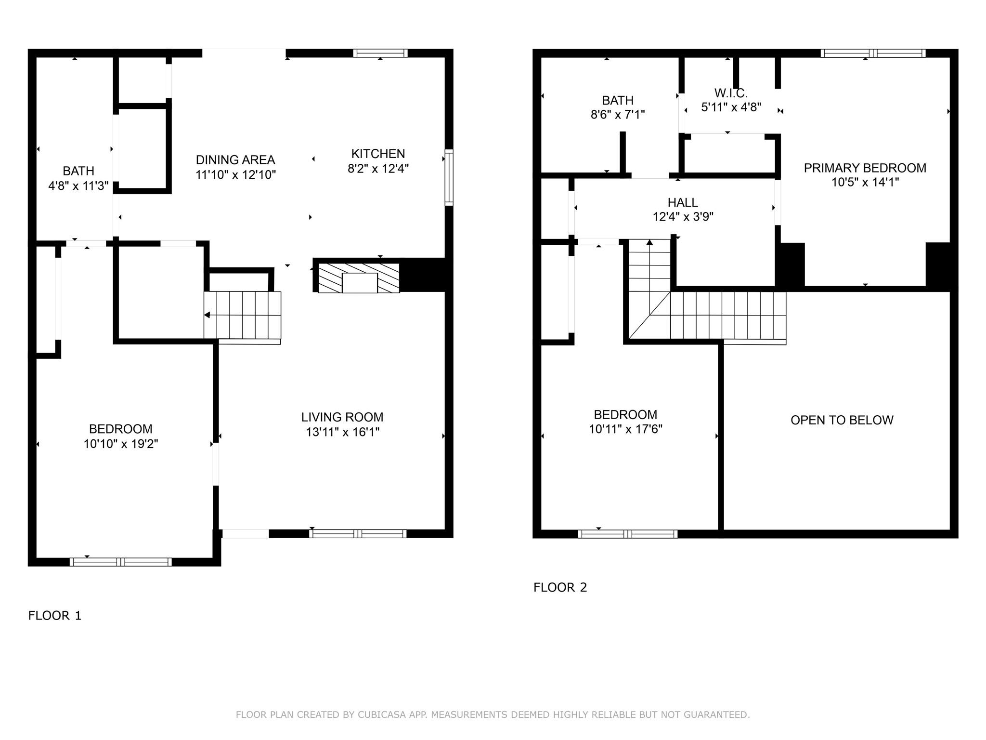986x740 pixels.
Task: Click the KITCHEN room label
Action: pyautogui.click(x=378, y=154)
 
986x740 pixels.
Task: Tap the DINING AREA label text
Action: pyautogui.click(x=235, y=160)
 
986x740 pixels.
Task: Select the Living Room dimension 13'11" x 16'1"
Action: pyautogui.click(x=342, y=432)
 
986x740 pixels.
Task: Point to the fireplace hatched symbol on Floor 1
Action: pyautogui.click(x=359, y=277)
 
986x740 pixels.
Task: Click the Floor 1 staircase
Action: pyautogui.click(x=242, y=315)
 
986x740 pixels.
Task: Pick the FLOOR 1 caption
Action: pyautogui.click(x=55, y=616)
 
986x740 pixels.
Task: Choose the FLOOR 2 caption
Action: pyautogui.click(x=560, y=587)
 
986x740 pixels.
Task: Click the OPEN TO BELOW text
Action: pyautogui.click(x=842, y=420)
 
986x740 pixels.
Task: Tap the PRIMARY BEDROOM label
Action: pyautogui.click(x=865, y=168)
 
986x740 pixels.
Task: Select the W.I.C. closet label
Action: pyautogui.click(x=730, y=93)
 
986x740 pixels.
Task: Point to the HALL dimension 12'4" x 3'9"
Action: pyautogui.click(x=683, y=217)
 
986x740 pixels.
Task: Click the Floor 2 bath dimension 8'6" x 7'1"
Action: pyautogui.click(x=618, y=115)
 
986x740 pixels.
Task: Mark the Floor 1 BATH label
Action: pyautogui.click(x=78, y=171)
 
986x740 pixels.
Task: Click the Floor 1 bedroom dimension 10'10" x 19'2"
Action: pyautogui.click(x=121, y=444)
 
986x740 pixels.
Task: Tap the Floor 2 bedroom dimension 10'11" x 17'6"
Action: pyautogui.click(x=625, y=429)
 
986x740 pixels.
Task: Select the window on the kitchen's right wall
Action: pyautogui.click(x=449, y=177)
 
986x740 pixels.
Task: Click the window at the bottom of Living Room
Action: pyautogui.click(x=357, y=534)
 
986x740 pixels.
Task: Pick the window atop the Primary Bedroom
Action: pyautogui.click(x=872, y=53)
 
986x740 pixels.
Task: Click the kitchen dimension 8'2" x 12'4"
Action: pyautogui.click(x=378, y=169)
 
